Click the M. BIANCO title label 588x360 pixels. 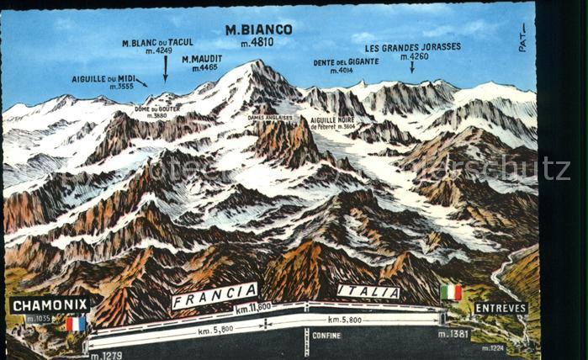click(258, 29)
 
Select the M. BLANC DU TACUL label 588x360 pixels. click(158, 42)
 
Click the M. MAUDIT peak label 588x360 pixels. click(202, 58)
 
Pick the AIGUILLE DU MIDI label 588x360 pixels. click(103, 77)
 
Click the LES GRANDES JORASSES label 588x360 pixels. click(412, 47)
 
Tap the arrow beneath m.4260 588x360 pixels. click(412, 67)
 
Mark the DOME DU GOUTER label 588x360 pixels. click(156, 109)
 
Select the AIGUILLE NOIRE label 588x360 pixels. click(332, 120)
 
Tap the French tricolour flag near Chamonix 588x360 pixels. click(76, 324)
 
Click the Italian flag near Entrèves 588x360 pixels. click(451, 292)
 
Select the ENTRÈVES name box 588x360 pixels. click(501, 308)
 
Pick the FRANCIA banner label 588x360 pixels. click(215, 295)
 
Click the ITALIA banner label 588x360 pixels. click(368, 291)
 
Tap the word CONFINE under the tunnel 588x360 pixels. click(326, 335)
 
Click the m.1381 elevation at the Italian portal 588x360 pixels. click(453, 334)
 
